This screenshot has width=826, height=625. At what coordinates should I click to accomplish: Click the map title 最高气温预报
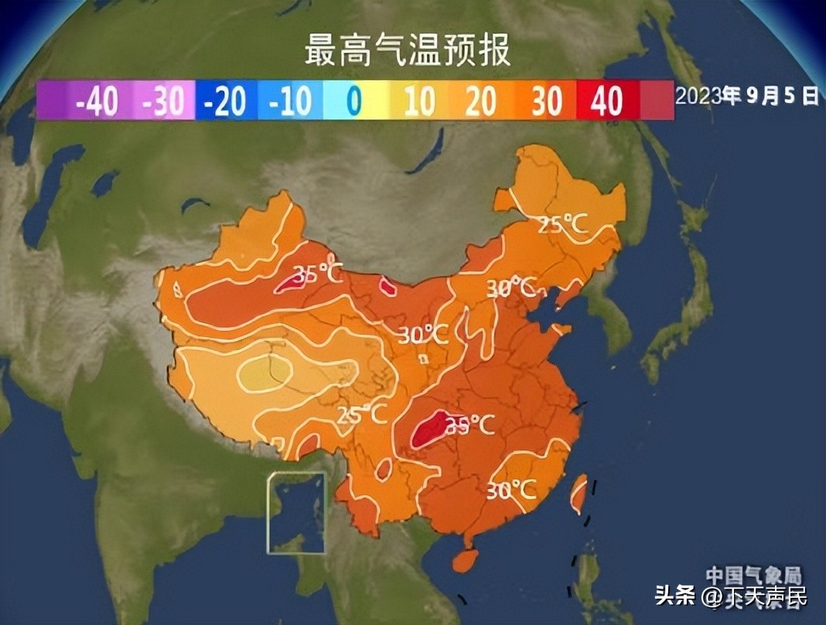click(x=407, y=51)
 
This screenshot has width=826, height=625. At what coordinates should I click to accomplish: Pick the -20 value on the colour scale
click(x=225, y=101)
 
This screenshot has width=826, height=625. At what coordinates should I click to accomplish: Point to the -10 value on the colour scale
click(x=289, y=101)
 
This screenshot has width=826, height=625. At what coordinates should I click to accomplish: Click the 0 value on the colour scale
click(x=353, y=101)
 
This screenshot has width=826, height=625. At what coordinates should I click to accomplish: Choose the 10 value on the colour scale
click(x=418, y=101)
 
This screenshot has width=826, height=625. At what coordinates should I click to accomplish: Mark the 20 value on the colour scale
click(x=482, y=101)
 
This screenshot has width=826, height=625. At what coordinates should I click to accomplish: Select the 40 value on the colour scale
click(x=607, y=101)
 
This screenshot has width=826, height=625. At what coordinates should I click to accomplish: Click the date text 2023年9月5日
click(x=747, y=96)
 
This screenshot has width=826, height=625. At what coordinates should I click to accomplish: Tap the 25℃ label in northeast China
click(x=562, y=225)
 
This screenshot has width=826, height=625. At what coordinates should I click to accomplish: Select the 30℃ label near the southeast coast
click(x=511, y=490)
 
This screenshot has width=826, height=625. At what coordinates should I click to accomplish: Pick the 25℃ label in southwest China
click(x=362, y=414)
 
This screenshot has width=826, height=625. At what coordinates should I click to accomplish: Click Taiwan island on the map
click(x=578, y=495)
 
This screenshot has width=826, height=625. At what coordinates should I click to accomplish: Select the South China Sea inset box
click(x=297, y=512)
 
